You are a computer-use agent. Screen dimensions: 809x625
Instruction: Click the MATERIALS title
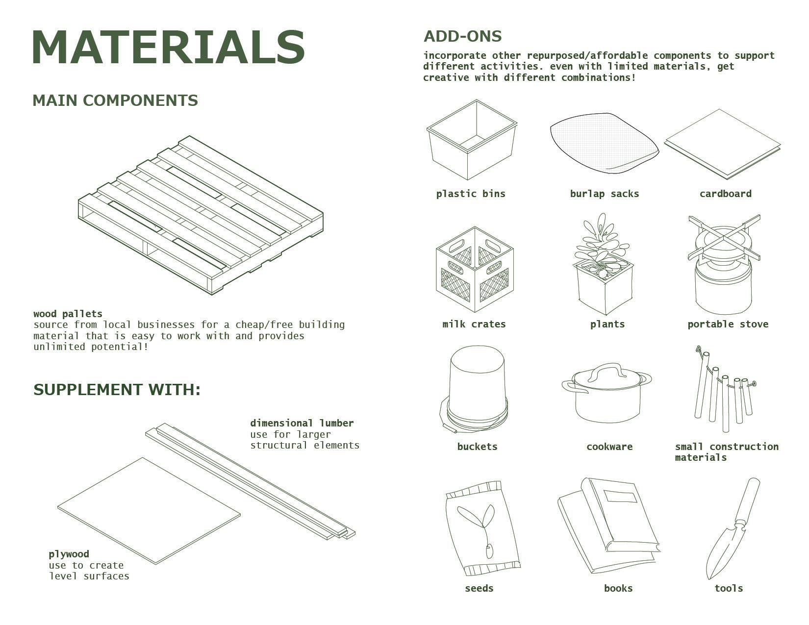click(x=168, y=47)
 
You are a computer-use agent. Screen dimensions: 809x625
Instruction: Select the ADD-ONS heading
click(x=462, y=36)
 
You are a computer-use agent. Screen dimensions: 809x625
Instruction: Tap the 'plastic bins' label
click(x=471, y=194)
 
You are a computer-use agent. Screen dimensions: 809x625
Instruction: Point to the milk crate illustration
click(x=475, y=269)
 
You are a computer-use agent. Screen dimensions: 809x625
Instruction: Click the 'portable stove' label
click(x=728, y=324)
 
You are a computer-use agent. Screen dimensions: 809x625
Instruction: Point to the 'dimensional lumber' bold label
click(x=302, y=423)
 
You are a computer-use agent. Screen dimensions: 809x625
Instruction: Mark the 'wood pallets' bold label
click(x=68, y=314)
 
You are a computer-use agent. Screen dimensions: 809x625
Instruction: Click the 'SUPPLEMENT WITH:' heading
click(x=117, y=390)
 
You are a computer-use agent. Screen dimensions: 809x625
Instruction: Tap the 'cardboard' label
click(x=725, y=194)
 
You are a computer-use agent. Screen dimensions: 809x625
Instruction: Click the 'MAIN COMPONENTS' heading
click(x=115, y=100)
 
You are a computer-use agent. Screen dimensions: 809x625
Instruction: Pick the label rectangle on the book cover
click(x=620, y=497)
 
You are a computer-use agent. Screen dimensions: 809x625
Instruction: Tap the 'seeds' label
click(x=479, y=588)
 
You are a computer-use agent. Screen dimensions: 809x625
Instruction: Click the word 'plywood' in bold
click(x=69, y=554)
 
